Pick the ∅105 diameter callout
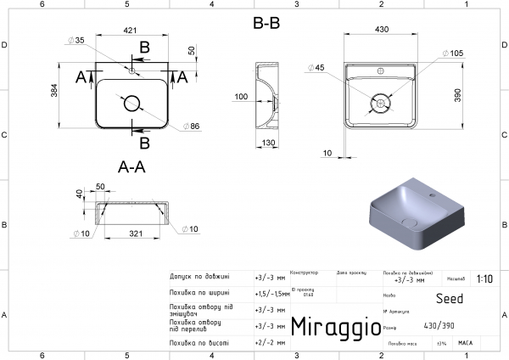(455, 53)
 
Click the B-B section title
(266, 24)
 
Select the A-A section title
(131, 167)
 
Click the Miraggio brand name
(330, 327)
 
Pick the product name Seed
(449, 298)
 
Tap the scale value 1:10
(484, 278)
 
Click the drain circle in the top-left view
(132, 104)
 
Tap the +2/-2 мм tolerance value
(269, 343)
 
